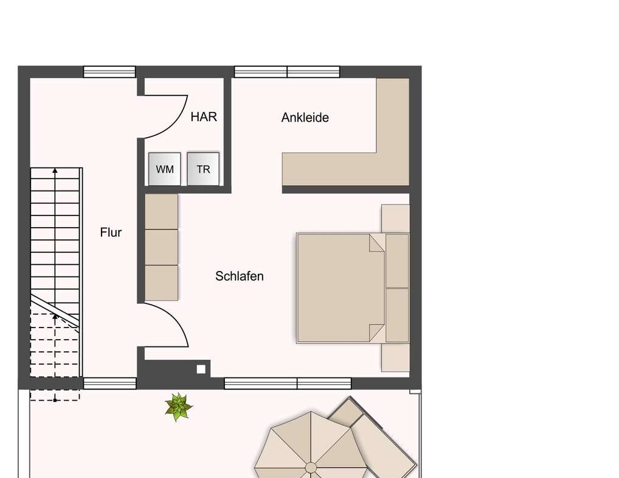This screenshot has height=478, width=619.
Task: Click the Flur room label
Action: (111, 233)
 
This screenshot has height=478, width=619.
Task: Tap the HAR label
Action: (204, 117)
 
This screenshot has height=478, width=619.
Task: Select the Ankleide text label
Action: (305, 118)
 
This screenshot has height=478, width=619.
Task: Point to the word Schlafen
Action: (239, 276)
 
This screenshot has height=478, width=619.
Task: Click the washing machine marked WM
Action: (165, 169)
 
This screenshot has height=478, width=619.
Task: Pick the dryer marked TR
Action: (203, 169)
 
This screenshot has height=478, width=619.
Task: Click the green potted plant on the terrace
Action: (178, 407)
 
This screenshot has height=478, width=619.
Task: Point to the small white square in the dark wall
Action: (201, 369)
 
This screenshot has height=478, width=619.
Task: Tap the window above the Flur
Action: (109, 72)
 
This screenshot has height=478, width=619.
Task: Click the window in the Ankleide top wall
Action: (287, 72)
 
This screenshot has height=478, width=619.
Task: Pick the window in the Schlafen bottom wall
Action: (288, 384)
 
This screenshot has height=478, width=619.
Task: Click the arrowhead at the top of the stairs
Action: (55, 170)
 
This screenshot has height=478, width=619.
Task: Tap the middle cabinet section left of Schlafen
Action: (162, 247)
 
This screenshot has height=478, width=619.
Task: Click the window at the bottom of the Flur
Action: (109, 384)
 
